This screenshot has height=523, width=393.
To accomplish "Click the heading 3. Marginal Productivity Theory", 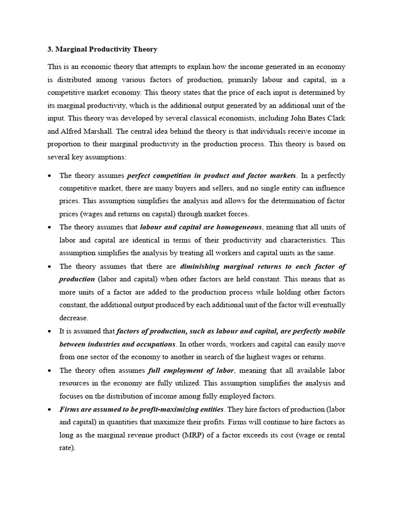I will [x=102, y=50].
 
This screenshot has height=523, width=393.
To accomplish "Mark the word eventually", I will [x=326, y=304].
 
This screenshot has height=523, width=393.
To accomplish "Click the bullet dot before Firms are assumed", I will [x=49, y=410].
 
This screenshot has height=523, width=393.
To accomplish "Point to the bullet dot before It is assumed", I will [x=49, y=331].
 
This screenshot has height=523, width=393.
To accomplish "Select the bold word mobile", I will [x=334, y=331].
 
